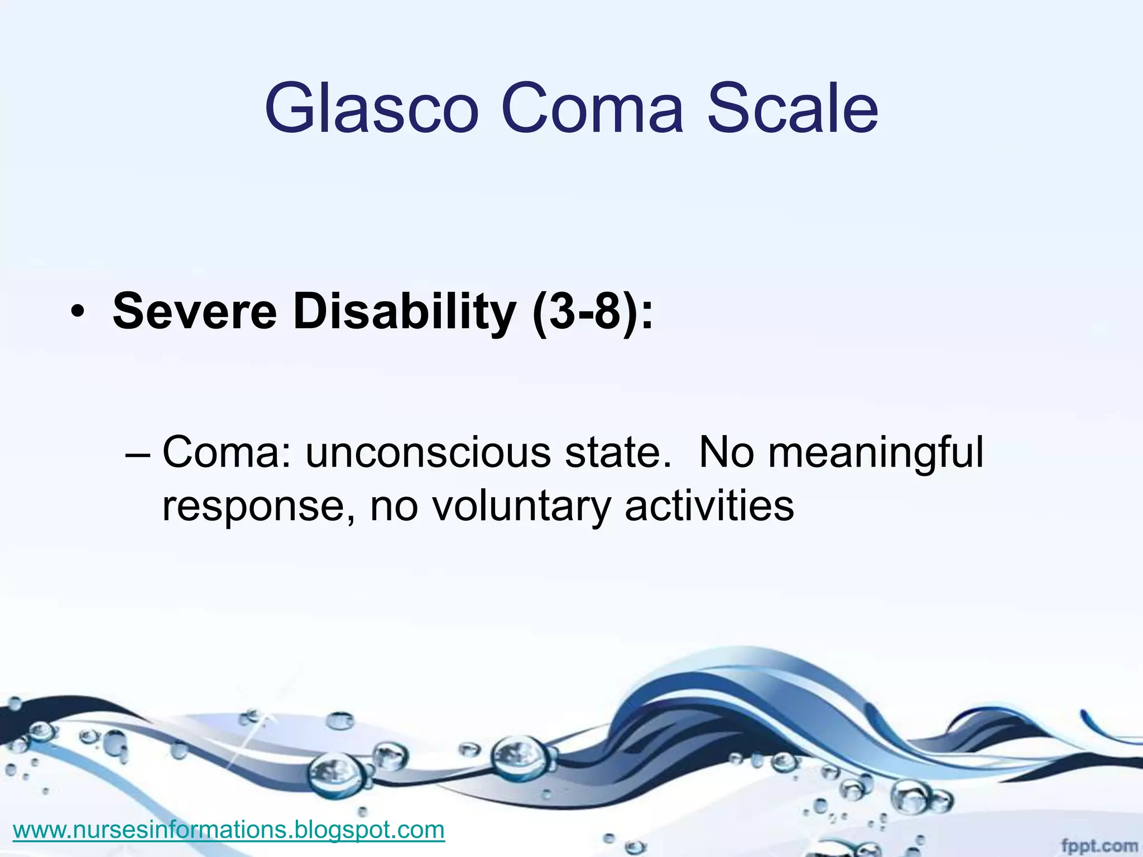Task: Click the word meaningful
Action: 876,453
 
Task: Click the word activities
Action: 709,505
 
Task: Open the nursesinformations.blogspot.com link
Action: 228,830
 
